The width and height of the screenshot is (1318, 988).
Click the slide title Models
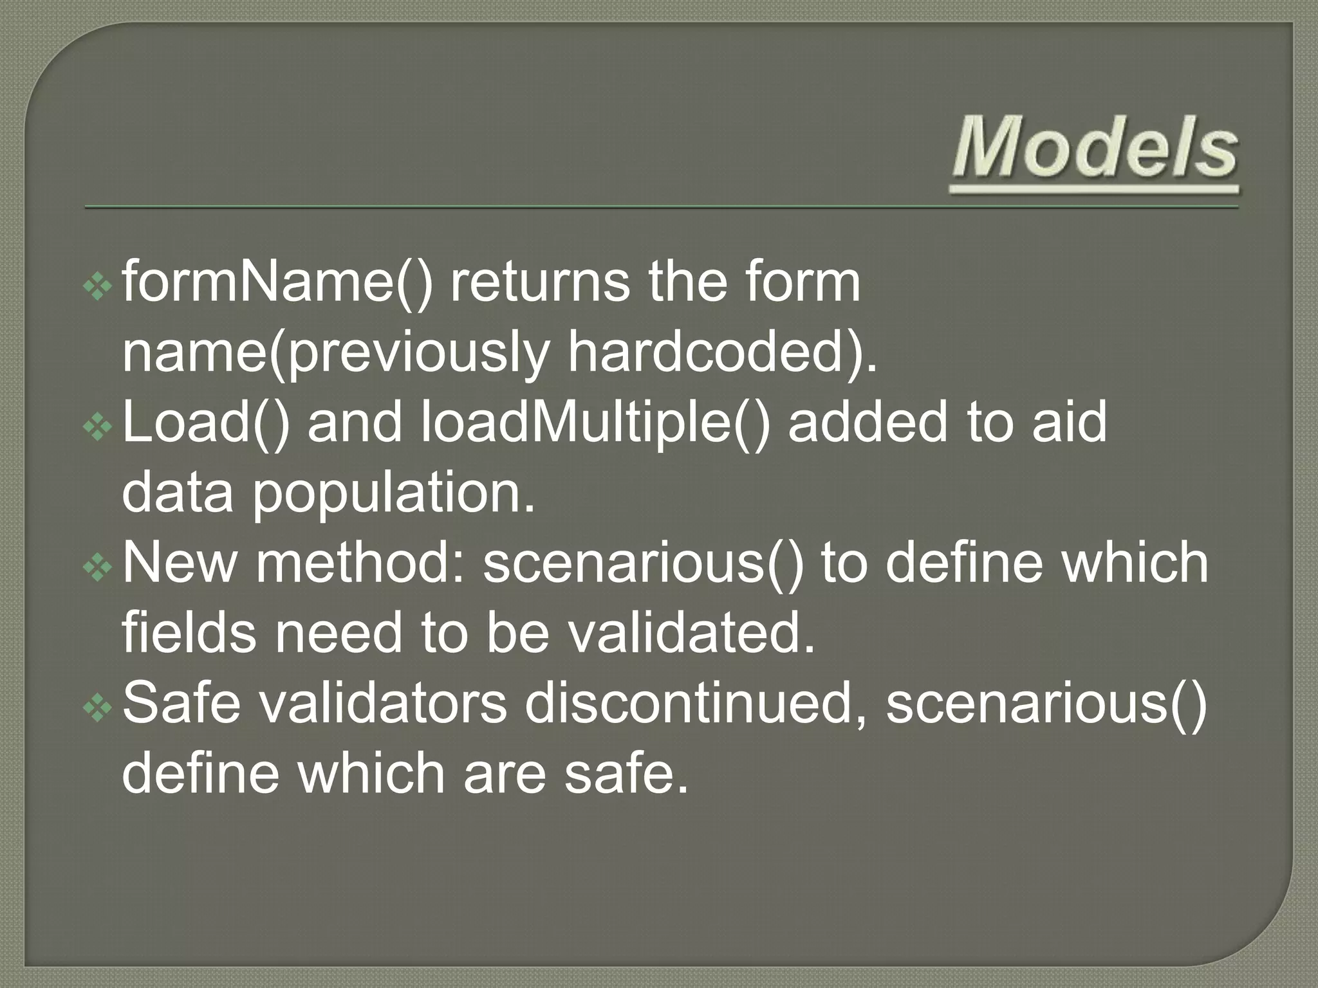1094,149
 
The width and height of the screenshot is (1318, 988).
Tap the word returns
539,282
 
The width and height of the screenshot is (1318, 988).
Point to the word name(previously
335,354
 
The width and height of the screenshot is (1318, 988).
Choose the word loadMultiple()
595,423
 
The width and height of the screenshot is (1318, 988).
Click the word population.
393,493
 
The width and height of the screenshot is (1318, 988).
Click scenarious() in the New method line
644,563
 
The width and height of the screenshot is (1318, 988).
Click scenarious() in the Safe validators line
1046,703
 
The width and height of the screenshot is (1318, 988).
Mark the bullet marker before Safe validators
98,708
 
